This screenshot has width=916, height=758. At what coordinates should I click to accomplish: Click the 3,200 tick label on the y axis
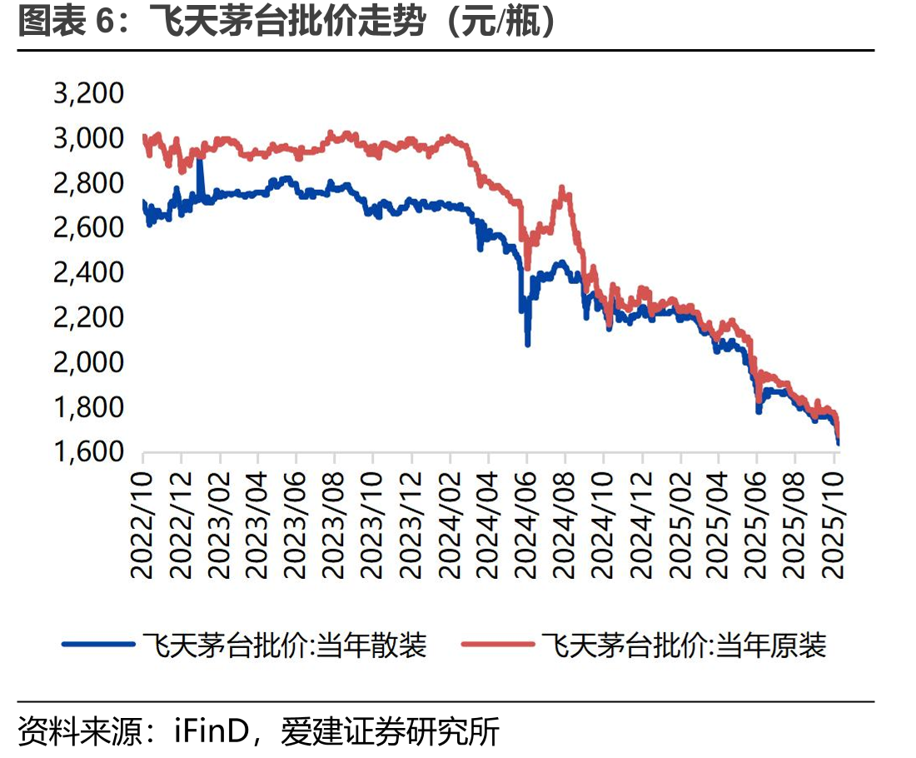[89, 93]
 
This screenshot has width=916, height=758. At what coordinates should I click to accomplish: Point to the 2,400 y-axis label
[89, 272]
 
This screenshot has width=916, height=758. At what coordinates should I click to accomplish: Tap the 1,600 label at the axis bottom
[89, 451]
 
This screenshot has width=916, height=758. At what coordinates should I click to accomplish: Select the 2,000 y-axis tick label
[89, 362]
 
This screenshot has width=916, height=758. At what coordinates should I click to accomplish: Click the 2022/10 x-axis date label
[142, 525]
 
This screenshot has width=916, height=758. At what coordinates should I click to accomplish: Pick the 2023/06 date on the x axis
[296, 525]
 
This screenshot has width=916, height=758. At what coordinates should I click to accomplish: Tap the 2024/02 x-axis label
[449, 525]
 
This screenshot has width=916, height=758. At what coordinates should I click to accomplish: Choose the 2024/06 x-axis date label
[526, 525]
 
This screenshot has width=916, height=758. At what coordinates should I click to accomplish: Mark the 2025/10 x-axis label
[833, 525]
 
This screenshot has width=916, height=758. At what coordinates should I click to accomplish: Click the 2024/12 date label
[641, 525]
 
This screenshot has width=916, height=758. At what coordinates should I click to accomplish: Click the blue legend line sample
[99, 645]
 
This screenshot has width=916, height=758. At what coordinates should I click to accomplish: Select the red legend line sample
[498, 645]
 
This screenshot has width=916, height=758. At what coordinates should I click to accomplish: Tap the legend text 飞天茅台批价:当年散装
[285, 646]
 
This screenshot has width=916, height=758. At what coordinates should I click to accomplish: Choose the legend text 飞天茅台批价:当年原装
[684, 646]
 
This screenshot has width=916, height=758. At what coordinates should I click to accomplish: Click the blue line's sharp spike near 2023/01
[201, 158]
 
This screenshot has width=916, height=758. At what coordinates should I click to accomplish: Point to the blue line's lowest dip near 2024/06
[528, 344]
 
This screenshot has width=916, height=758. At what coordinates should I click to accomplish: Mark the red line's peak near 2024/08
[562, 189]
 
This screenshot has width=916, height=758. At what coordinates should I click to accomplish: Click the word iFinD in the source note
[212, 731]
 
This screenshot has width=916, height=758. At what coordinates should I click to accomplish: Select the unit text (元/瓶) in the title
[500, 22]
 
